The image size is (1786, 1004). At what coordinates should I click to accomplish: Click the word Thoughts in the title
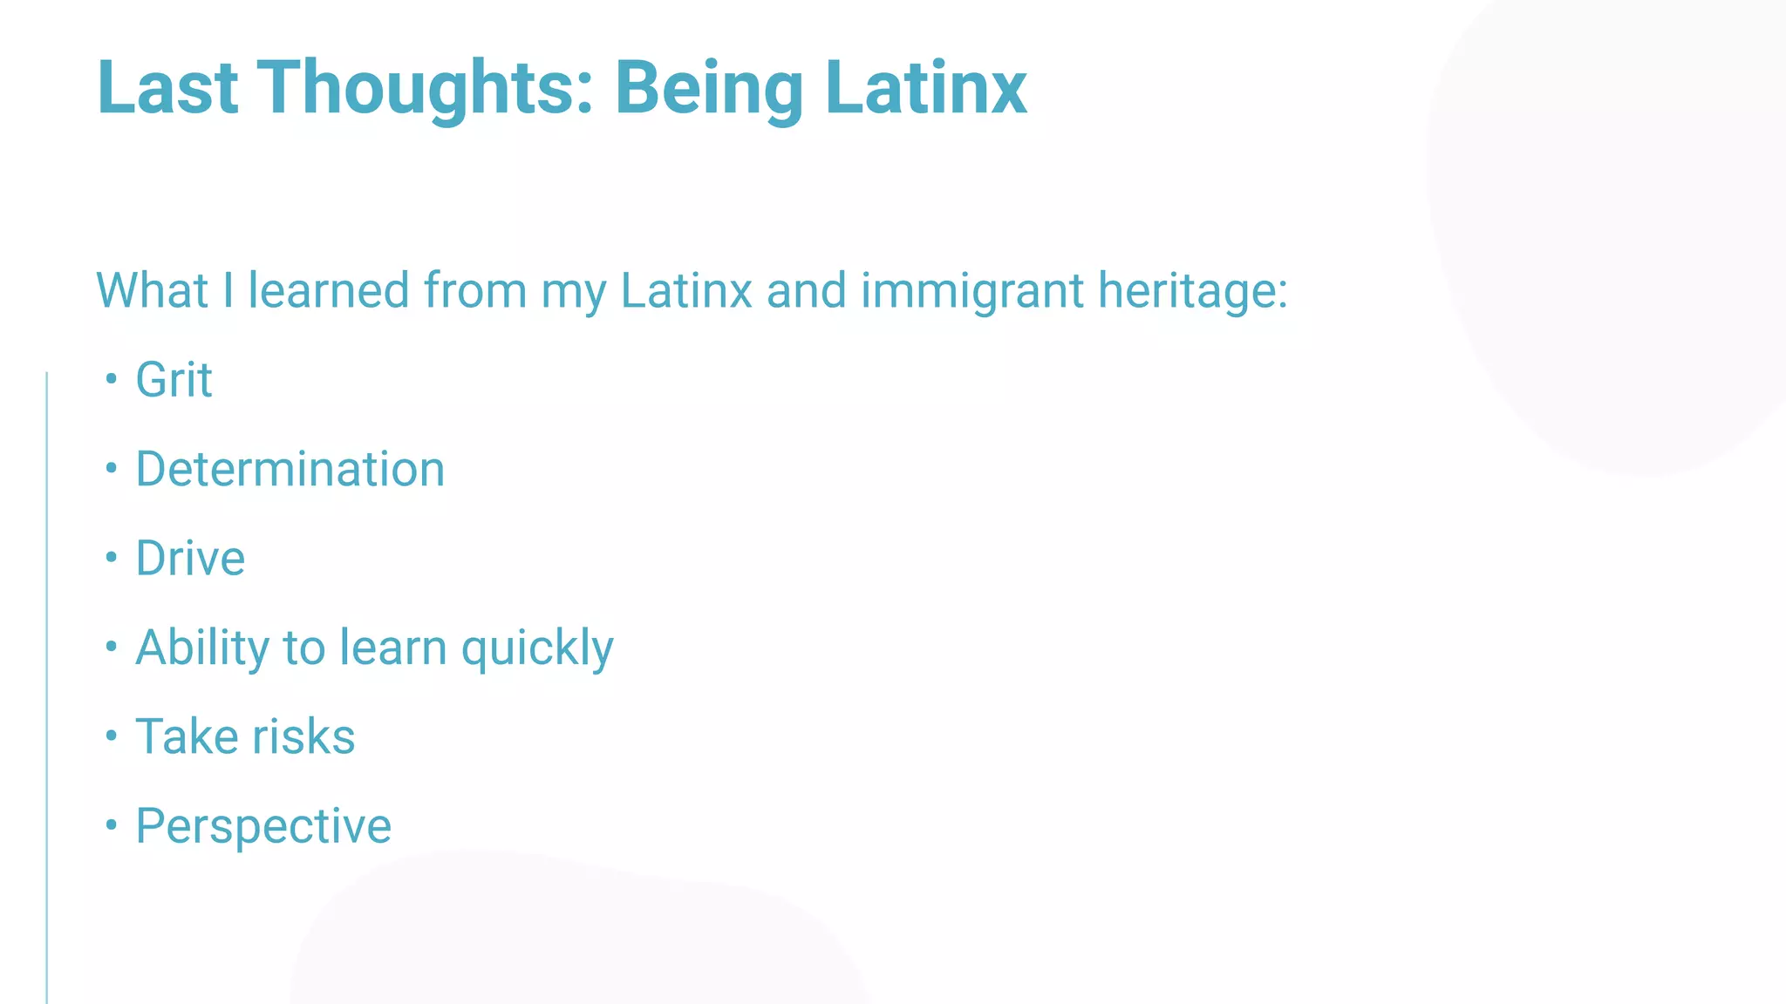(425, 87)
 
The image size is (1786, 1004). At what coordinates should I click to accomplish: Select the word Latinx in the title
(925, 87)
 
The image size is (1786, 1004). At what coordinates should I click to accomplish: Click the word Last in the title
(167, 87)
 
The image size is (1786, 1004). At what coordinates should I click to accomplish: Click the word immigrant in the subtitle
(971, 290)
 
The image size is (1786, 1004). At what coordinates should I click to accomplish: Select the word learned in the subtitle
(329, 290)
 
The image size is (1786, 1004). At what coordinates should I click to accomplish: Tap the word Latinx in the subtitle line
(685, 290)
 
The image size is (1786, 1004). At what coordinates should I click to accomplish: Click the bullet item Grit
(174, 380)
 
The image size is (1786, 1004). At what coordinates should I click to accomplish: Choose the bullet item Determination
(290, 469)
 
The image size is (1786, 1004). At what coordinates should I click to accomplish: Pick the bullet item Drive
(190, 558)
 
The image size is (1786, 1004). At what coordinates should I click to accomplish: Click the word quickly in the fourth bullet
(537, 648)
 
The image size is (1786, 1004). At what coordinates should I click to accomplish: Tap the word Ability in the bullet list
(203, 648)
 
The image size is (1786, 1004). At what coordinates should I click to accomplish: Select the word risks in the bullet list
(303, 736)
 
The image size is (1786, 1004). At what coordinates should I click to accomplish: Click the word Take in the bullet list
(187, 736)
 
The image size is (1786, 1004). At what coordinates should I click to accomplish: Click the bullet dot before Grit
(111, 379)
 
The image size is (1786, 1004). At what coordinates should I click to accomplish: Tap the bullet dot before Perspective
(111, 824)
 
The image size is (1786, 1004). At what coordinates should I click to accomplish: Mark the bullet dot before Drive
(111, 557)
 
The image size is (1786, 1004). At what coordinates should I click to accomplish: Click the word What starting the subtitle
(152, 290)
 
